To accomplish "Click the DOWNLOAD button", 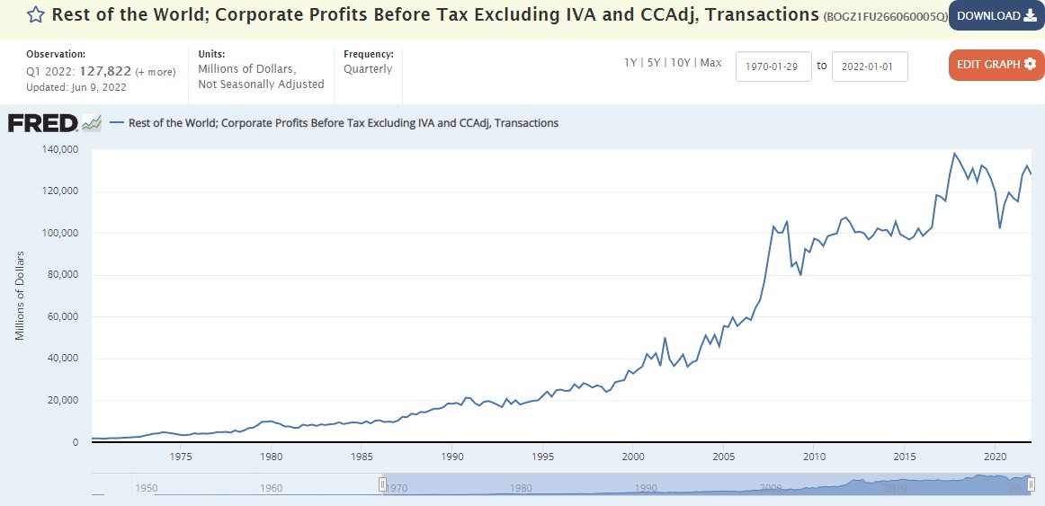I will click(996, 15).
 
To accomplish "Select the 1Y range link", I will click(631, 63).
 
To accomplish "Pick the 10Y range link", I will click(681, 63).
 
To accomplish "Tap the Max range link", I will click(710, 63).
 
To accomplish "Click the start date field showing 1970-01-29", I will click(773, 66).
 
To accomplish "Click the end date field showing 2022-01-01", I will click(870, 66).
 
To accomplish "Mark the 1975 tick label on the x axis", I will click(181, 457).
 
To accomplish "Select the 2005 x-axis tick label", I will click(724, 457).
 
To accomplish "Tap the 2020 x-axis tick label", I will click(996, 457).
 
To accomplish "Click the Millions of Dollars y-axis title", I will click(20, 296).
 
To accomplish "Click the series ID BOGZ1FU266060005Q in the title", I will click(884, 16).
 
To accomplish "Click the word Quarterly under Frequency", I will click(368, 69).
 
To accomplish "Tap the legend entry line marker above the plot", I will click(116, 123).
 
